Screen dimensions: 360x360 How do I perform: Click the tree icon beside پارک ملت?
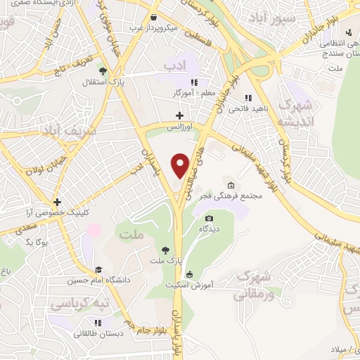coord(165,250)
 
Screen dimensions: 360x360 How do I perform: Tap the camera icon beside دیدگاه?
coord(209,219)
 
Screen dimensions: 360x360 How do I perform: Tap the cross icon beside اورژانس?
coord(179,115)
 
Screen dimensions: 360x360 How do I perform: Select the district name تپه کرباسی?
coord(73,304)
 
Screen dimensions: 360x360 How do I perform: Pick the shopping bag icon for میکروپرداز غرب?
coord(153,18)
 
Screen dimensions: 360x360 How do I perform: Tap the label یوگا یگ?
coord(36,241)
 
